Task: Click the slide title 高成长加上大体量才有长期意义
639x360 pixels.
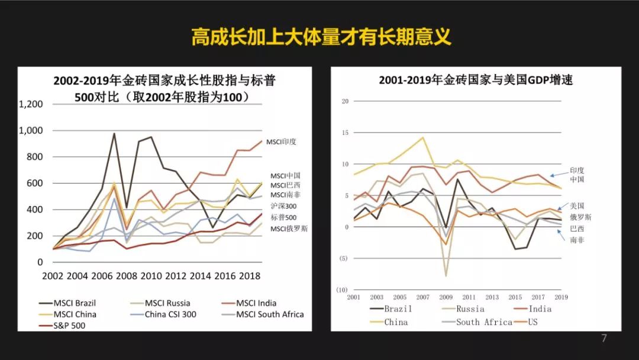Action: tap(321, 37)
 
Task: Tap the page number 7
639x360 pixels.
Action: tap(604, 339)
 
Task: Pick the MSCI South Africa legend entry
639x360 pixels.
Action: tap(270, 314)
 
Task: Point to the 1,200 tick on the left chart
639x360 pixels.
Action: tap(31, 104)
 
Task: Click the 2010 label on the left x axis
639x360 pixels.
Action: tap(151, 277)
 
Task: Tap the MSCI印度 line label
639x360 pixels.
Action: tap(281, 142)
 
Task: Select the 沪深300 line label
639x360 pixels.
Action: tap(283, 206)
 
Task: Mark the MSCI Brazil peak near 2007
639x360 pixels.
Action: tap(114, 134)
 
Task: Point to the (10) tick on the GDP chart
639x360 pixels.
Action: tap(342, 290)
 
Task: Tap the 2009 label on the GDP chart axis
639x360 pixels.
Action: tap(446, 297)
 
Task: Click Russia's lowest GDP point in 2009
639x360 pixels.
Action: tap(446, 276)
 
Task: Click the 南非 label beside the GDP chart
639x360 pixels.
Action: tap(577, 240)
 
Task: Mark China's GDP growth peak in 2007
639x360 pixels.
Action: tap(423, 138)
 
